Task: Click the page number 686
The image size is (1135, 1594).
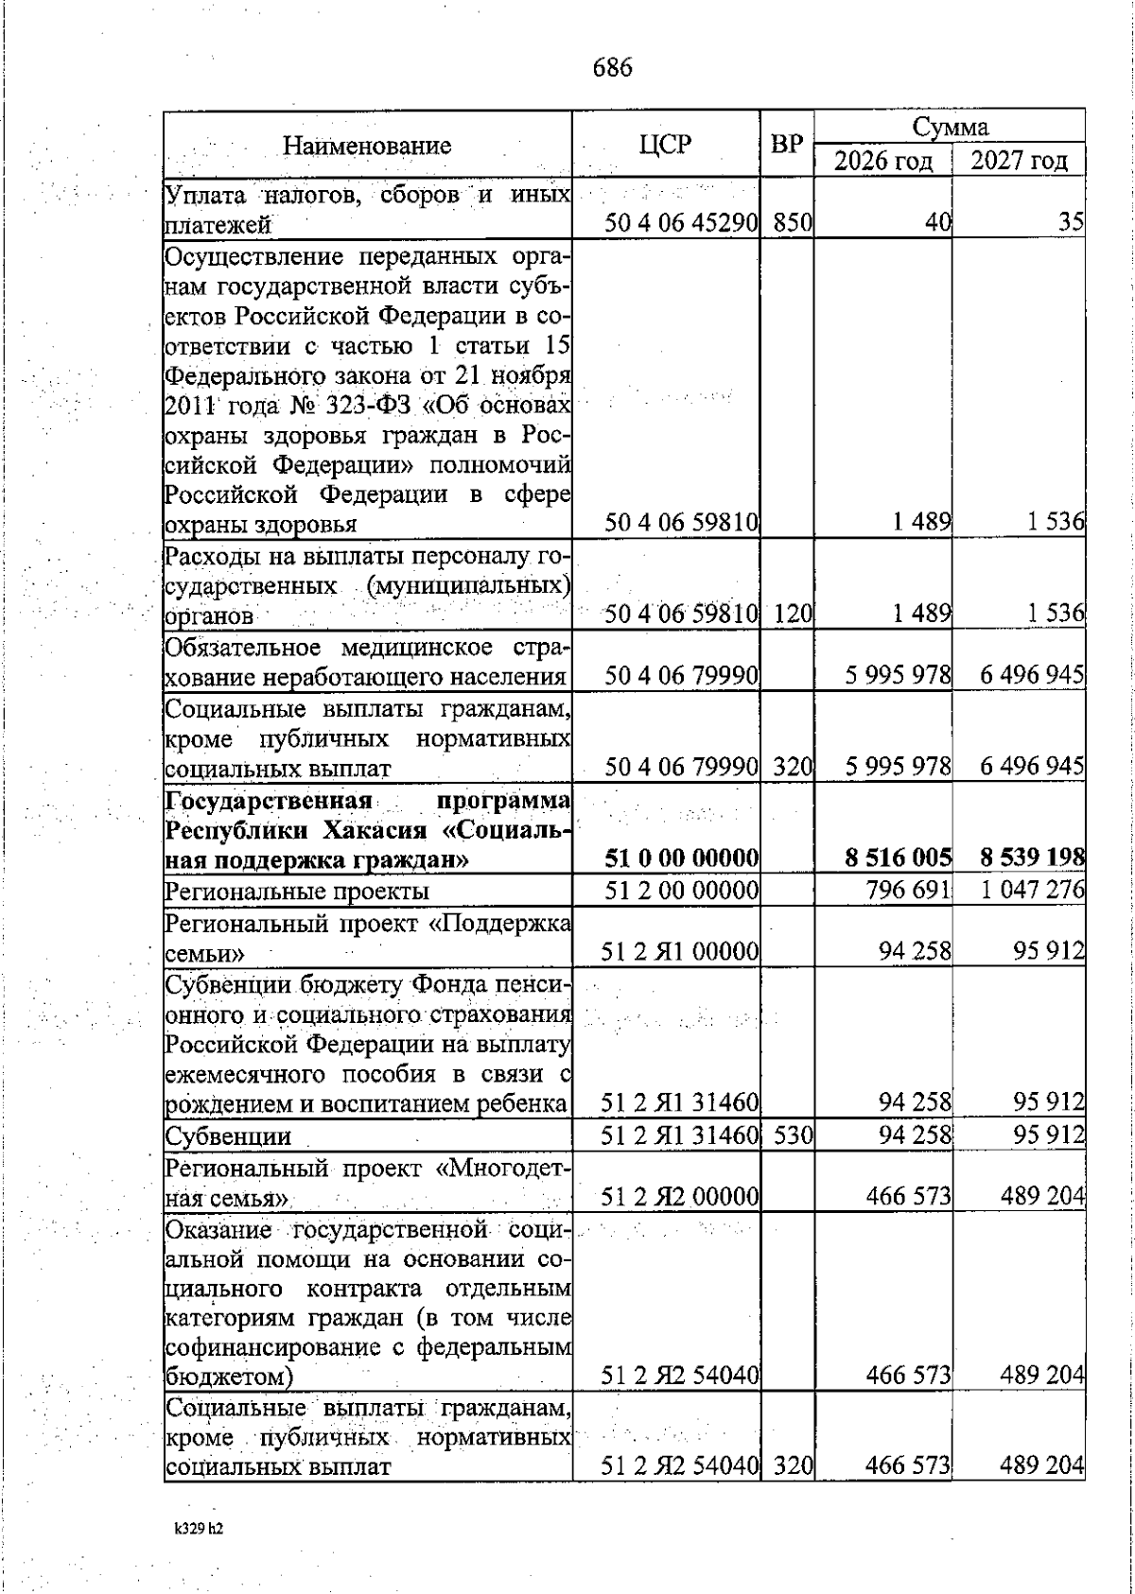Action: coord(612,68)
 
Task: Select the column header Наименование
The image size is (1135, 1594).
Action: coord(367,146)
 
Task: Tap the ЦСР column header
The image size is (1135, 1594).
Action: coord(665,144)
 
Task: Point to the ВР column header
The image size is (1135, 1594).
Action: coord(787,144)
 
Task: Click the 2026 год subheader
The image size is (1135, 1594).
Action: coord(882,161)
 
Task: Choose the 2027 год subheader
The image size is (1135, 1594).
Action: coord(1019,161)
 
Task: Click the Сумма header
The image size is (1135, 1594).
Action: coord(950,127)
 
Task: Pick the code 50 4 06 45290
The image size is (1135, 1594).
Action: coord(681,225)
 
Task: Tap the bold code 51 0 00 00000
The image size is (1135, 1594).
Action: coord(681,858)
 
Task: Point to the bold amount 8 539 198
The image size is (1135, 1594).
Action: coord(1032,858)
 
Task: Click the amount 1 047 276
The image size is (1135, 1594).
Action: coord(1031,891)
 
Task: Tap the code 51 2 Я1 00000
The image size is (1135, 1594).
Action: coord(681,951)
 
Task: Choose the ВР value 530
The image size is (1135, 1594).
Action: coord(793,1135)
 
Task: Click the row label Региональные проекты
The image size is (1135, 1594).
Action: coord(297,892)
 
